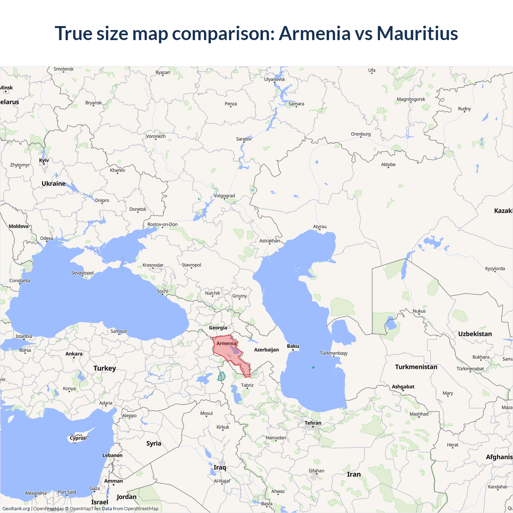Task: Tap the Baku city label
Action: pyautogui.click(x=293, y=346)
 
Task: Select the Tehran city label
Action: pyautogui.click(x=313, y=423)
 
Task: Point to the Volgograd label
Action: pyautogui.click(x=224, y=196)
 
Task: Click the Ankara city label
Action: pyautogui.click(x=74, y=353)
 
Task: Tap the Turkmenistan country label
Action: pyautogui.click(x=416, y=367)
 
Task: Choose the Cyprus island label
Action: pyautogui.click(x=78, y=438)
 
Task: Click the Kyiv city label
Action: pyautogui.click(x=44, y=160)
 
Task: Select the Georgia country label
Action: pyautogui.click(x=218, y=328)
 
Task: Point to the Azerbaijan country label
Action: pyautogui.click(x=267, y=350)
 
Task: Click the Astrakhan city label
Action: pyautogui.click(x=270, y=241)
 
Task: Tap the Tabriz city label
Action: pyautogui.click(x=247, y=385)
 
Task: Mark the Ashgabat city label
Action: pyautogui.click(x=403, y=387)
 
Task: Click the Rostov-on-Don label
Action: pyautogui.click(x=162, y=224)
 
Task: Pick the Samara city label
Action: pyautogui.click(x=296, y=104)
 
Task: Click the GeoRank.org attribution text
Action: pyautogui.click(x=16, y=509)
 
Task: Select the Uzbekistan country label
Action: pyautogui.click(x=475, y=334)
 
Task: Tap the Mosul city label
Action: pyautogui.click(x=206, y=413)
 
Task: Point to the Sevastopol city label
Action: pyautogui.click(x=83, y=273)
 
